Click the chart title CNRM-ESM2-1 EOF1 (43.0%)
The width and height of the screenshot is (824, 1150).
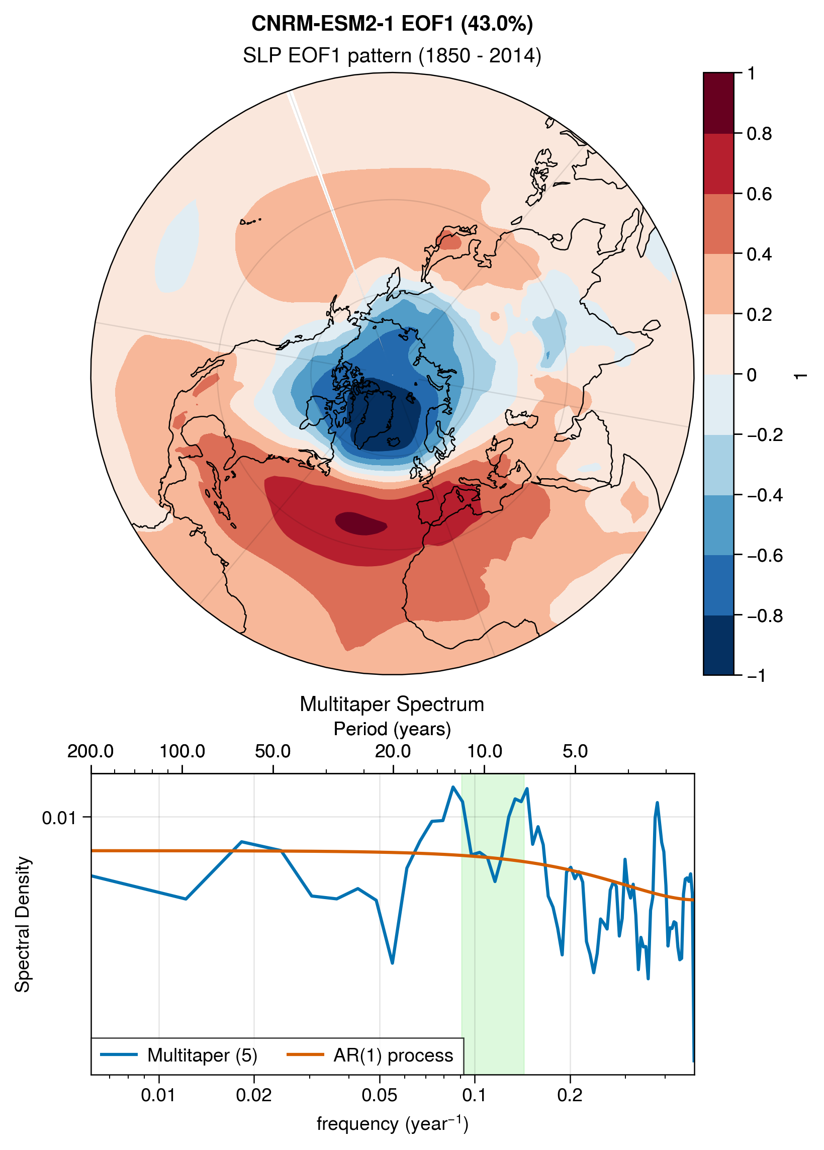coord(392,23)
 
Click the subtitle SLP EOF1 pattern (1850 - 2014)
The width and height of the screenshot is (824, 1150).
coord(392,55)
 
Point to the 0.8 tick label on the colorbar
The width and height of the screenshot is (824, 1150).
coord(759,134)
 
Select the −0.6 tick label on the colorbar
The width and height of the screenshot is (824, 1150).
coord(765,556)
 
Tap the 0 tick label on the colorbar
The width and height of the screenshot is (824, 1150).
coord(752,375)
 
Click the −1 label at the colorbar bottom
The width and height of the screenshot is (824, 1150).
coord(756,675)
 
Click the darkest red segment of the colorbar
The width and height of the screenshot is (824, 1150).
coord(718,103)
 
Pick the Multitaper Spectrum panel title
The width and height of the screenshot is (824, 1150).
coord(392,704)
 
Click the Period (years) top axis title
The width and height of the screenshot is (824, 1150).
coord(392,729)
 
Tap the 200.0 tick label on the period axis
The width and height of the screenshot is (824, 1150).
coord(90,751)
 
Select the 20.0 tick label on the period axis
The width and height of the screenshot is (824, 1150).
coord(393,751)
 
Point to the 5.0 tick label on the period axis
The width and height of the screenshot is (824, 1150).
coord(575,751)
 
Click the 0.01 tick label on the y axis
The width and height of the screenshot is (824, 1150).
coord(59,818)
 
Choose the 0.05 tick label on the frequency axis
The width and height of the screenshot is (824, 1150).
coord(379,1096)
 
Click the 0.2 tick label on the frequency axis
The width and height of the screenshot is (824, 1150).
coord(570,1096)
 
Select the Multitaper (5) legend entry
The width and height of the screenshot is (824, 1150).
coord(179,1052)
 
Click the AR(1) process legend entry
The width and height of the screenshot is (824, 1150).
coord(370,1052)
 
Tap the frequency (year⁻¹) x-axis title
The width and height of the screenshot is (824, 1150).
coord(392,1123)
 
